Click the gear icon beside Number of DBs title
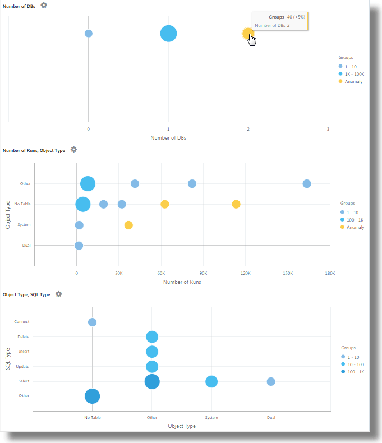click(x=44, y=5)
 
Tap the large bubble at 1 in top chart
click(x=168, y=34)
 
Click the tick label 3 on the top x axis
click(x=328, y=129)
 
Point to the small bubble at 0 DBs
click(x=88, y=34)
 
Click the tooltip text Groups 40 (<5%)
click(x=287, y=17)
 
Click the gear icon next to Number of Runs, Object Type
click(x=73, y=150)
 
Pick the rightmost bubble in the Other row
click(x=306, y=183)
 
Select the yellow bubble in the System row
click(x=128, y=225)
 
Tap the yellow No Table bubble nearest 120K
click(x=236, y=204)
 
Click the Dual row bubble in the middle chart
click(x=79, y=246)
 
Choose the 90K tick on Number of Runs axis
click(x=204, y=274)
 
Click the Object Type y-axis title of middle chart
click(x=8, y=215)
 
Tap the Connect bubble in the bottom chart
click(x=92, y=322)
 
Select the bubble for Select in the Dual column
click(x=271, y=381)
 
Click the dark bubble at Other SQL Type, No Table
click(x=92, y=396)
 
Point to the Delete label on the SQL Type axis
click(x=23, y=337)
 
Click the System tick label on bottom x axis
click(x=211, y=417)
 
